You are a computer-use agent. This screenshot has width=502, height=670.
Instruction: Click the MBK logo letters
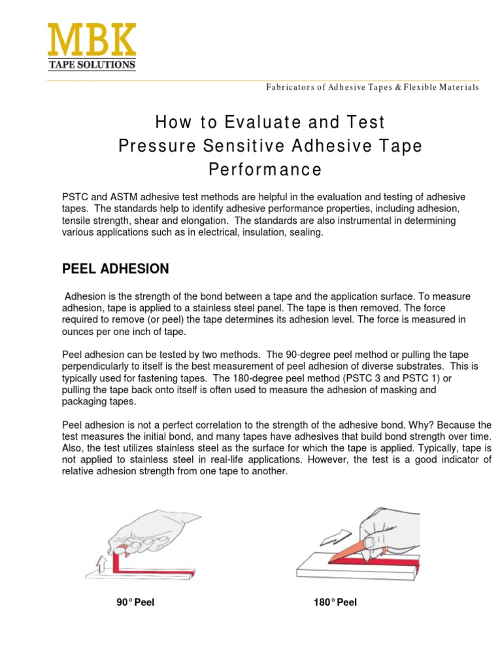click(x=92, y=40)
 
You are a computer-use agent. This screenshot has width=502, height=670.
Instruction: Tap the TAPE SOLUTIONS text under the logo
click(x=92, y=65)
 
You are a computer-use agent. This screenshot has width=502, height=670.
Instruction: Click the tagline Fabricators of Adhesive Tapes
click(x=372, y=88)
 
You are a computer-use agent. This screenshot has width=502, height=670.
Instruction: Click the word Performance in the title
click(x=265, y=169)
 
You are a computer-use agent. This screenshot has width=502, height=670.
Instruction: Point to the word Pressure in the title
click(x=153, y=146)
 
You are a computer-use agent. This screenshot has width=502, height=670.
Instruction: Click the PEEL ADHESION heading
click(x=115, y=269)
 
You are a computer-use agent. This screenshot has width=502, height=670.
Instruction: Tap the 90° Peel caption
click(x=135, y=603)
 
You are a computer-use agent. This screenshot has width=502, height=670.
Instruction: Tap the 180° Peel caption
click(x=335, y=603)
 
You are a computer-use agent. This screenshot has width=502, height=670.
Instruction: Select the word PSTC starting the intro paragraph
click(x=75, y=198)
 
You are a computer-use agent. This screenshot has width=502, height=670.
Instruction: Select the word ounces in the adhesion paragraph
click(x=78, y=332)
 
